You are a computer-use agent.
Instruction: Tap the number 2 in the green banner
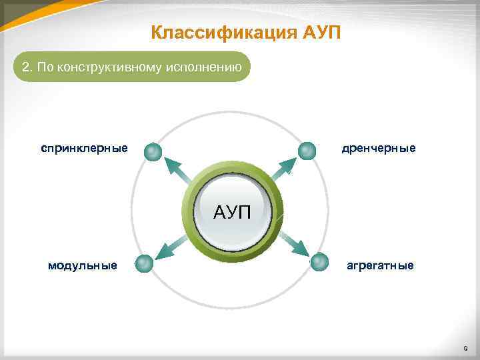[x=26, y=67]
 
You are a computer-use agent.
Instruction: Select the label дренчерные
[x=379, y=147]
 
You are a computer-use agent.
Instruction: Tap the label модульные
[x=83, y=265]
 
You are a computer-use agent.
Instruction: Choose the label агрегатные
[x=380, y=265]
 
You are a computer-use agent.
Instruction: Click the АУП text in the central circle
[x=232, y=213]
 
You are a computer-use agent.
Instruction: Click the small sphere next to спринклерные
[x=153, y=152]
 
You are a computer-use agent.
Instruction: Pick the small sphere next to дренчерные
[x=307, y=151]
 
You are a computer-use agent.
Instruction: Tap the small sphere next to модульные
[x=144, y=264]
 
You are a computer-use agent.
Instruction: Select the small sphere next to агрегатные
[x=320, y=262]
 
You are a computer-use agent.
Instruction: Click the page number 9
[x=465, y=349]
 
